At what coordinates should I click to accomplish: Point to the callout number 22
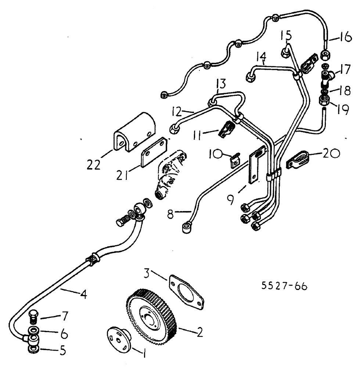point(93,166)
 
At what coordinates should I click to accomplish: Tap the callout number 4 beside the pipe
point(84,294)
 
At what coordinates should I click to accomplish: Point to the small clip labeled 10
point(234,161)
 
